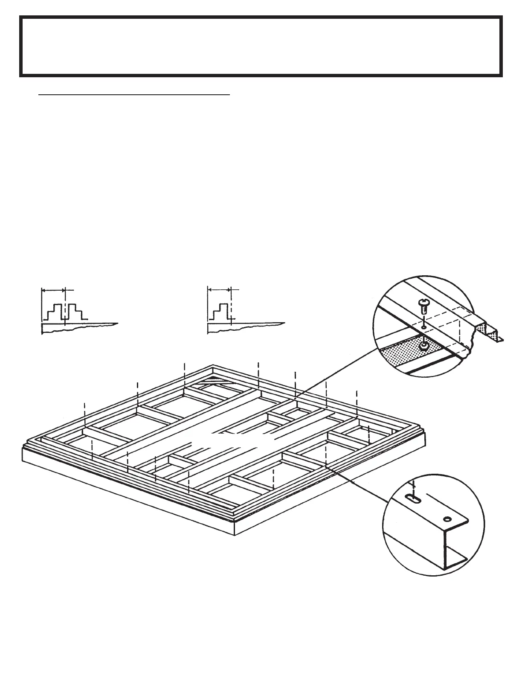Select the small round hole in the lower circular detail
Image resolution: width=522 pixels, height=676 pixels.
pyautogui.click(x=447, y=519)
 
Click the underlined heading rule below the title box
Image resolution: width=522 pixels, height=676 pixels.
pyautogui.click(x=134, y=95)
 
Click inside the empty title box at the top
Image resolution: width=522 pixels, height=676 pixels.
pyautogui.click(x=261, y=46)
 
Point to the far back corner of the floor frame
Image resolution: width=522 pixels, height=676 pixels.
pyautogui.click(x=213, y=366)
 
